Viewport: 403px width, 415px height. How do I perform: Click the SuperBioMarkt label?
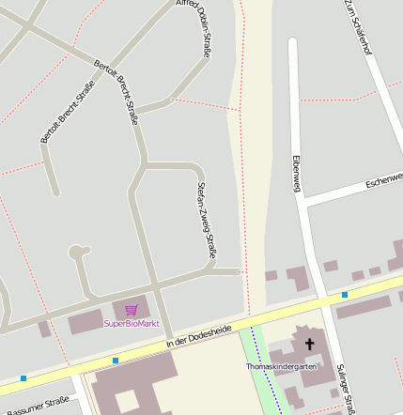pos(132,324)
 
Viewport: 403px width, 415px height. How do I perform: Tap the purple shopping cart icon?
pos(132,310)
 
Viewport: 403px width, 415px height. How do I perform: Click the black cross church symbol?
pos(310,345)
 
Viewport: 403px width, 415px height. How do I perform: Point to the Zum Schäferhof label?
pos(360,23)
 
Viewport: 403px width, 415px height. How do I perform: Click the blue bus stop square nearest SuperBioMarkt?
pos(116,360)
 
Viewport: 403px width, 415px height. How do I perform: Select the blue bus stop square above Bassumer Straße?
pos(23,378)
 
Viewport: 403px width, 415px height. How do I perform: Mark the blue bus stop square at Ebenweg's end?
pos(345,295)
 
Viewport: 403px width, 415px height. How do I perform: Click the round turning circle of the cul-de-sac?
pos(77,253)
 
